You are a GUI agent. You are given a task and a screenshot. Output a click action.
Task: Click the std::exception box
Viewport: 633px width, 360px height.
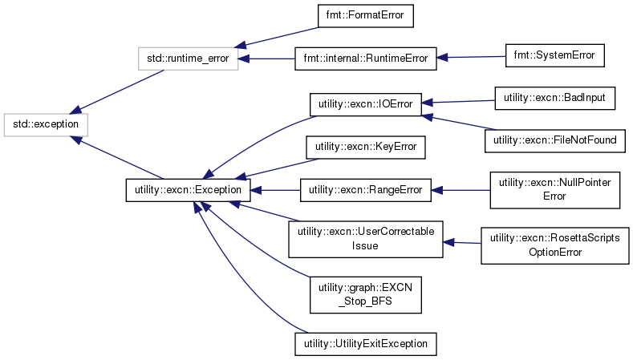coord(46,124)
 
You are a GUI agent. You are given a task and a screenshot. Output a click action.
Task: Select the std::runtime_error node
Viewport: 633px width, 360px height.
coord(189,59)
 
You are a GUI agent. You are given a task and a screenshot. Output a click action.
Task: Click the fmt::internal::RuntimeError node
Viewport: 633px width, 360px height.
coord(366,58)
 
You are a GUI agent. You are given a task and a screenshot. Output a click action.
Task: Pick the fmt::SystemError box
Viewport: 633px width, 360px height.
coord(554,55)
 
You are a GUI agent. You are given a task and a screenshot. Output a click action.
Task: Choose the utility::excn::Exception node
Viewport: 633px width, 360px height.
coord(189,190)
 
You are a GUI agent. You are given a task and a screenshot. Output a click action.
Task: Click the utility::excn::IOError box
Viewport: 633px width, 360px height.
coord(366,104)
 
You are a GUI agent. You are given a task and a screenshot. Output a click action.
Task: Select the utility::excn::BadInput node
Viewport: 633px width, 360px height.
coord(554,97)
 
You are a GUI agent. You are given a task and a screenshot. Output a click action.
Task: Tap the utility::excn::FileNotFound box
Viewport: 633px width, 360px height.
coord(554,140)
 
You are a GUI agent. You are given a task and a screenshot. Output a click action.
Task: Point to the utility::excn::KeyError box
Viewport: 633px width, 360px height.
coord(366,147)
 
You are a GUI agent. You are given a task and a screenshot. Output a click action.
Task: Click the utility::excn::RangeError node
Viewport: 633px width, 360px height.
coord(366,190)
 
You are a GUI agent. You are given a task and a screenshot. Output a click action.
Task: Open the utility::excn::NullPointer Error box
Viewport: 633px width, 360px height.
coord(554,189)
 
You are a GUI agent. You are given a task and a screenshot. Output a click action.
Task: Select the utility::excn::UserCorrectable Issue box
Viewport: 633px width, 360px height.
coord(366,238)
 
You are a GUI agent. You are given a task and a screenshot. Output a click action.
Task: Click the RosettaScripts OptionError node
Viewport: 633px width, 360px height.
coord(554,244)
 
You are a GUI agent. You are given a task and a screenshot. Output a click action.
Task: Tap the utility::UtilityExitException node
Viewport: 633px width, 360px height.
coord(366,344)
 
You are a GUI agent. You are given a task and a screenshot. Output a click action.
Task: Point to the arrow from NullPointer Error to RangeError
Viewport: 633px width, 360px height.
coord(461,190)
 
